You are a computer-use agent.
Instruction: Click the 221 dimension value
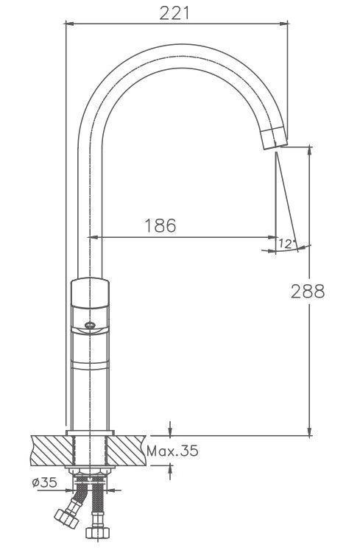[174, 13]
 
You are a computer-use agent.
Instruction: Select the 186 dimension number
[160, 225]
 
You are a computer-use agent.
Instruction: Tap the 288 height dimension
[308, 292]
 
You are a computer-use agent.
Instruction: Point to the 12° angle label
[286, 243]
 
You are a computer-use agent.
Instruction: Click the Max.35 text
[172, 451]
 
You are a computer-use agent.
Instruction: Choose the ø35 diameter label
[44, 482]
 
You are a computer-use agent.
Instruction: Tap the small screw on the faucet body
[91, 325]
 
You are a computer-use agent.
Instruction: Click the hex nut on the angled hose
[66, 518]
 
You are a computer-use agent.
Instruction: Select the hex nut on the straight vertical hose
[98, 532]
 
